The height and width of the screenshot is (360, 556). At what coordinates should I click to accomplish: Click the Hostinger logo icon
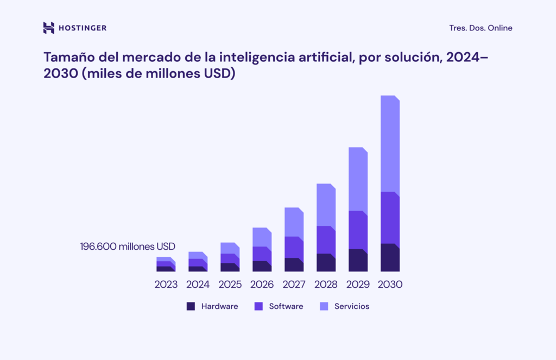(49, 28)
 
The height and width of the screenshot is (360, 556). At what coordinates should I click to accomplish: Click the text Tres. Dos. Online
(481, 28)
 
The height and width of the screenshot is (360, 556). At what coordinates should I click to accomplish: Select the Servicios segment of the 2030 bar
(390, 144)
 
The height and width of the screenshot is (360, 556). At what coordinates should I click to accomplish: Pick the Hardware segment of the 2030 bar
(390, 258)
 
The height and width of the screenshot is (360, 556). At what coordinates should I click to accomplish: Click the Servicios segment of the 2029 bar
(358, 179)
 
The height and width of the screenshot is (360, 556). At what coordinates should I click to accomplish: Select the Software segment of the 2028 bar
(326, 240)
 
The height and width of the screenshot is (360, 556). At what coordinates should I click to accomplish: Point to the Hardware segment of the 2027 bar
(294, 265)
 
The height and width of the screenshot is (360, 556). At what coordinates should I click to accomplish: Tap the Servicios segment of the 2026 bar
(262, 237)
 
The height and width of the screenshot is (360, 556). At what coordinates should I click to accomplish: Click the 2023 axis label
(166, 284)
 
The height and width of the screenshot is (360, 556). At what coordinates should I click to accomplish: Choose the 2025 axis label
(230, 284)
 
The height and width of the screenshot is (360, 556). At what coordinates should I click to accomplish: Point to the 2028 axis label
(326, 284)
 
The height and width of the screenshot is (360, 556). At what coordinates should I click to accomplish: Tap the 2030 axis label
(390, 284)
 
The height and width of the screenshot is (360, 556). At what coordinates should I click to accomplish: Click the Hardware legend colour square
(191, 306)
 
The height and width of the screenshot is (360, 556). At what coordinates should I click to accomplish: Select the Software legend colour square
(258, 306)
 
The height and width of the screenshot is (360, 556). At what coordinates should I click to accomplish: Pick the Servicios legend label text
(351, 306)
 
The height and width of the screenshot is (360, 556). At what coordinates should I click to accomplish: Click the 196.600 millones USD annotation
(128, 247)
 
